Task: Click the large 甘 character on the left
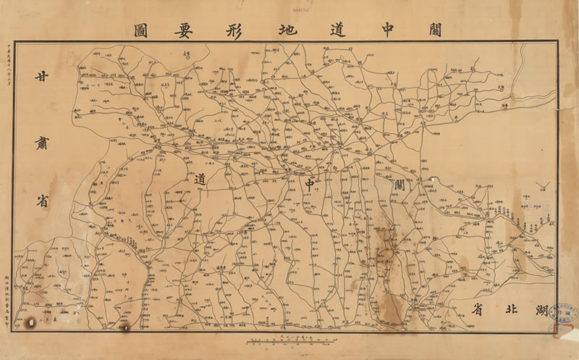(x=45, y=78)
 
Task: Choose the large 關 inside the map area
(x=401, y=185)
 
